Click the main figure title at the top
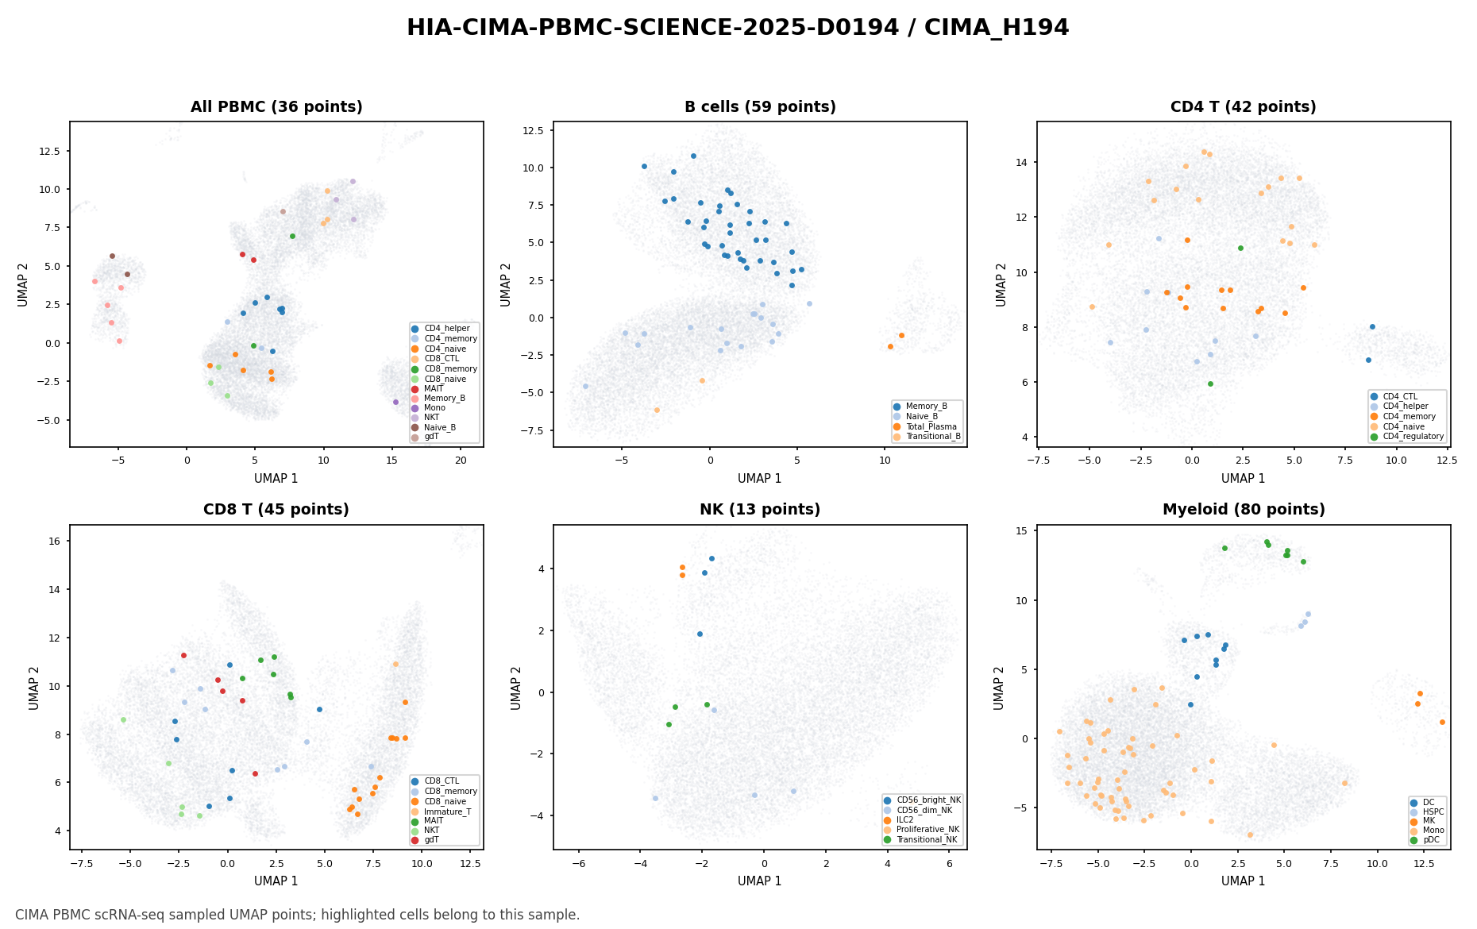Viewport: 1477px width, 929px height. pyautogui.click(x=738, y=28)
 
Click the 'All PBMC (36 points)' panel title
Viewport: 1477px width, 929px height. pyautogui.click(x=276, y=107)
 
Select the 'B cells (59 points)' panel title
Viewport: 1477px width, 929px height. pyautogui.click(x=760, y=107)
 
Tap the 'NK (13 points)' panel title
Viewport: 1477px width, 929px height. pyautogui.click(x=760, y=510)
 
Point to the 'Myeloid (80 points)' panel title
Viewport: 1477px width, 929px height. pyautogui.click(x=1244, y=510)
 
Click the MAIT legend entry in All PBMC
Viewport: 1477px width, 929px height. pyautogui.click(x=434, y=388)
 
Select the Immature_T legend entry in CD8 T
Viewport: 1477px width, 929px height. pyautogui.click(x=447, y=811)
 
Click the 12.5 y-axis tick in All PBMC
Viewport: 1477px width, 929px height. pyautogui.click(x=54, y=151)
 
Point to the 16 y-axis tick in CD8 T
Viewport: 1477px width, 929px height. pyautogui.click(x=59, y=541)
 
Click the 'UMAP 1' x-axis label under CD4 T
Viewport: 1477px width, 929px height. pyautogui.click(x=1244, y=479)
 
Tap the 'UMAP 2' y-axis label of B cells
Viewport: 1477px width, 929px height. pyautogui.click(x=507, y=284)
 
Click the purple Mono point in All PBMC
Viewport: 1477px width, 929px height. pyautogui.click(x=395, y=402)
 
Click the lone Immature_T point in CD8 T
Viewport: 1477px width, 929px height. pyautogui.click(x=395, y=664)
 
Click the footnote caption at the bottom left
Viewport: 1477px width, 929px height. pyautogui.click(x=298, y=915)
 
